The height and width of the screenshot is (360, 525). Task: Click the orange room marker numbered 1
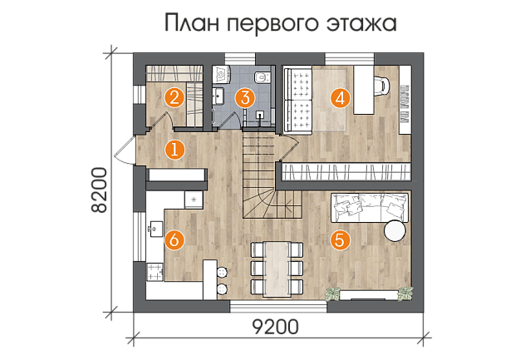pyautogui.click(x=174, y=150)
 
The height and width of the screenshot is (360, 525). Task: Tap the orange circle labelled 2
pyautogui.click(x=174, y=98)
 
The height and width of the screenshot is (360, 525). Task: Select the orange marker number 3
pyautogui.click(x=245, y=98)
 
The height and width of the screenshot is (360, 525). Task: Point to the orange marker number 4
pyautogui.click(x=341, y=99)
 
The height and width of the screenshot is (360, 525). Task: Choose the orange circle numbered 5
pyautogui.click(x=340, y=240)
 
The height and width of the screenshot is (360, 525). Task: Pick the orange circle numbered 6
pyautogui.click(x=174, y=240)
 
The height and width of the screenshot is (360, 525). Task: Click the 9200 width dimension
pyautogui.click(x=275, y=327)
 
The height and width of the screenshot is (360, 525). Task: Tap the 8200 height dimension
pyautogui.click(x=99, y=190)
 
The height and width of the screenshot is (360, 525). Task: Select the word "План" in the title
pyautogui.click(x=192, y=22)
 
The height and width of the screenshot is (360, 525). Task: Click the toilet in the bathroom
pyautogui.click(x=262, y=77)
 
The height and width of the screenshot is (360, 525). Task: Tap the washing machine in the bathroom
pyautogui.click(x=222, y=74)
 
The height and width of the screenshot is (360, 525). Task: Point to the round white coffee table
pyautogui.click(x=395, y=230)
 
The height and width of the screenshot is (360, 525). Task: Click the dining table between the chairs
pyautogui.click(x=277, y=269)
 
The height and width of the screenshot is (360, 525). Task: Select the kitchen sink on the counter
pyautogui.click(x=155, y=229)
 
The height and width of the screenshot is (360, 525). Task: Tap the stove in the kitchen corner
pyautogui.click(x=155, y=272)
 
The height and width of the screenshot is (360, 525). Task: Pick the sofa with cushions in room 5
pyautogui.click(x=370, y=207)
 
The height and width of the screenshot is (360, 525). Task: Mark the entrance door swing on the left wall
pyautogui.click(x=125, y=150)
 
